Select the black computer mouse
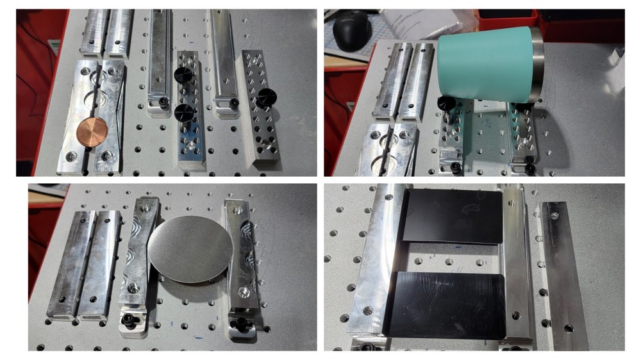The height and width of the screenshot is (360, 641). (x=351, y=30)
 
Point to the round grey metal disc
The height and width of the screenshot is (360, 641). (x=190, y=250)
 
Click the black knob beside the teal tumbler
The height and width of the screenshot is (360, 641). (x=447, y=102)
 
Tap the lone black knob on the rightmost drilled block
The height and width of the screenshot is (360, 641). (x=267, y=97)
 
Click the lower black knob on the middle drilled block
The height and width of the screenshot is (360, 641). (x=184, y=113)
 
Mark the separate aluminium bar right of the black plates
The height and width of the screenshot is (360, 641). (x=563, y=275)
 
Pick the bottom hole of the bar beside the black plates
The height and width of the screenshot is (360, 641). (x=569, y=329)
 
